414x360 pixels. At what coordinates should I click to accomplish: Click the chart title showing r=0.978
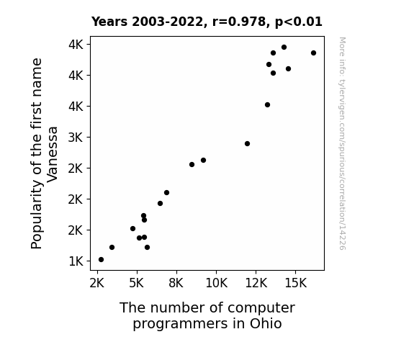207,22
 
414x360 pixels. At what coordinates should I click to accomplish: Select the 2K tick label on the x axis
97,283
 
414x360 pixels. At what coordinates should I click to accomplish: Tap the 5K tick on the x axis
137,283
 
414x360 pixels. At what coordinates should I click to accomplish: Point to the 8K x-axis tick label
176,283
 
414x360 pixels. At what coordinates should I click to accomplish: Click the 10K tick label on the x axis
216,283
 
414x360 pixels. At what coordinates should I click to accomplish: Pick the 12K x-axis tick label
256,283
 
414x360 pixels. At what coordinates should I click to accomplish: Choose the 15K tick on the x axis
295,283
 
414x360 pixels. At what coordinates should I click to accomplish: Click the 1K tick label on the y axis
76,261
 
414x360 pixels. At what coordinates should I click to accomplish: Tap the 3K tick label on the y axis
76,138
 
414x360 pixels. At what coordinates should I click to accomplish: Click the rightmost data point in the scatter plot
313,53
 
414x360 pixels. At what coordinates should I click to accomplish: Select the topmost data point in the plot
284,48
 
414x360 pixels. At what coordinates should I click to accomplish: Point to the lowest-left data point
101,260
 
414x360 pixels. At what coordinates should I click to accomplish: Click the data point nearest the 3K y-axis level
247,144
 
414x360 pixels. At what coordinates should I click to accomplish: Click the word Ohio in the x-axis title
266,323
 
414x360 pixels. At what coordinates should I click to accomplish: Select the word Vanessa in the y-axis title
53,154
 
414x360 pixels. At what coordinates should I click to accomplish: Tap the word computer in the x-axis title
261,308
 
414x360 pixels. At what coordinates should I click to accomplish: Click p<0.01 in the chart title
299,22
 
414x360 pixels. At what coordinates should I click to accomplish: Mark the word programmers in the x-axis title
180,324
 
